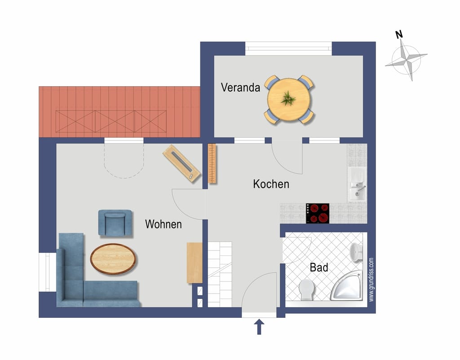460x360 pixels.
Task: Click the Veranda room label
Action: click(x=240, y=88)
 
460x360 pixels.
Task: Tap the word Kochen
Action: click(x=271, y=184)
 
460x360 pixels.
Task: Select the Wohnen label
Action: click(x=164, y=224)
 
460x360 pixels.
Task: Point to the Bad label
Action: click(x=319, y=268)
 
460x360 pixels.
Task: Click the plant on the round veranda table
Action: click(x=288, y=98)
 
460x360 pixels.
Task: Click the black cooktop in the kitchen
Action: click(x=318, y=213)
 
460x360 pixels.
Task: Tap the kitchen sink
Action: click(x=357, y=184)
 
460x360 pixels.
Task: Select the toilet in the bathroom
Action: click(x=306, y=290)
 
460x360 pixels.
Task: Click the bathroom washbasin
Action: click(x=356, y=252)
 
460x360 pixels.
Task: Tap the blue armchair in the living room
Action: click(x=115, y=223)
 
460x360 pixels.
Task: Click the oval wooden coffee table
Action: click(x=113, y=259)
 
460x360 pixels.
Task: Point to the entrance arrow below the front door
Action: click(x=259, y=327)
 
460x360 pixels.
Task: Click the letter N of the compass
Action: click(x=399, y=35)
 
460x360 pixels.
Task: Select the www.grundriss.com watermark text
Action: click(x=371, y=279)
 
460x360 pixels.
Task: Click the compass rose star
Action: click(x=406, y=60)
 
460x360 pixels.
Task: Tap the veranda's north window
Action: click(x=288, y=48)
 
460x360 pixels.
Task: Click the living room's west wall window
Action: click(x=47, y=272)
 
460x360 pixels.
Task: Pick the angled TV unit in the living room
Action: click(x=181, y=163)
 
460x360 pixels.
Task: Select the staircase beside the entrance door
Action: click(x=220, y=274)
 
